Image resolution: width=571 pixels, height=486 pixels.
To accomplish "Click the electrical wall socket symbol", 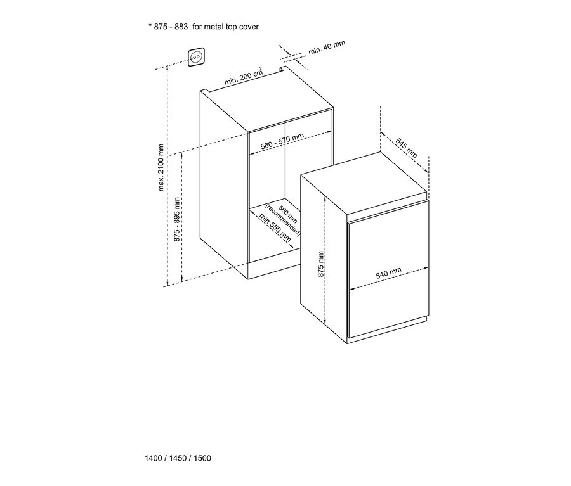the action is click(x=196, y=57).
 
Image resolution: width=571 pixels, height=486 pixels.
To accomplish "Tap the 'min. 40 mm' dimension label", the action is click(x=327, y=48).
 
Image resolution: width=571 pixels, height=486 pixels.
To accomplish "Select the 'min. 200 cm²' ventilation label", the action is click(x=243, y=77).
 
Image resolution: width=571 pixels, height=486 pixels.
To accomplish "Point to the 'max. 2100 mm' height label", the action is click(x=161, y=167).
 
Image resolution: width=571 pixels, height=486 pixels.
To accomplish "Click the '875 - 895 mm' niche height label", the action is click(x=177, y=220).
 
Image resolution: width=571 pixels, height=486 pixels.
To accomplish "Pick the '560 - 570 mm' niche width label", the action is click(x=282, y=141).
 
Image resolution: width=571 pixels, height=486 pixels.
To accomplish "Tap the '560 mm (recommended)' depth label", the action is click(x=285, y=220).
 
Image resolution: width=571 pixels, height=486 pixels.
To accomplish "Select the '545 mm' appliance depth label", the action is click(x=407, y=148).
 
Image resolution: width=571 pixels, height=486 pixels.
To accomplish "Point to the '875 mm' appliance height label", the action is click(x=321, y=264).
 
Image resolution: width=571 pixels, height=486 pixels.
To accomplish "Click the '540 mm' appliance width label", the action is click(x=388, y=273).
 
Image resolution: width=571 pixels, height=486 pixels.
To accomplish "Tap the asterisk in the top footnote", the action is click(x=150, y=25).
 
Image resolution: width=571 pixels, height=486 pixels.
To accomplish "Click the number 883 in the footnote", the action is click(x=181, y=27).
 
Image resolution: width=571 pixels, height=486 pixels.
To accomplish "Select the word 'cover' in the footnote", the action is click(x=249, y=27).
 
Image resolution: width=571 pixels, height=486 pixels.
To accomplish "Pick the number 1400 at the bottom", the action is click(x=154, y=458).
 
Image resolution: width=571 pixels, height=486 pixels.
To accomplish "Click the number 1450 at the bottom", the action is click(x=178, y=458).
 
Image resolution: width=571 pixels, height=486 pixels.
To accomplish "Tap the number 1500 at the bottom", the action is click(x=202, y=458).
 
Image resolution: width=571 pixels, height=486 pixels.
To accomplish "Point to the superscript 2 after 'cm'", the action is click(x=261, y=68).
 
